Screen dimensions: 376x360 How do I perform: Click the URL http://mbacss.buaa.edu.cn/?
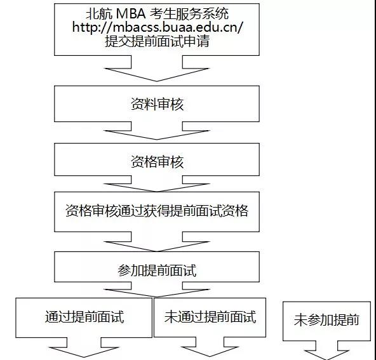[158, 27]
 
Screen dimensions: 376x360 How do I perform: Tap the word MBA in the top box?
[131, 13]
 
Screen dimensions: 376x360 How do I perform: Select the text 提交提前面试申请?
[157, 41]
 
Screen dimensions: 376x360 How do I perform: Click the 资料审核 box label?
[157, 104]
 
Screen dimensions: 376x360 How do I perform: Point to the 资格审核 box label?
[157, 162]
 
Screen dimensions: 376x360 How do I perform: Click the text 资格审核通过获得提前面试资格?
[157, 211]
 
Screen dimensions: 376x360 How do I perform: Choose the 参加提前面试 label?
[157, 270]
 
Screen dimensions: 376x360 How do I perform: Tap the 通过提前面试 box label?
[84, 317]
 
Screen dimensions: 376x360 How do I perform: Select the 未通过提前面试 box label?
[210, 317]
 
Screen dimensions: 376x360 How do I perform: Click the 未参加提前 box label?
[326, 320]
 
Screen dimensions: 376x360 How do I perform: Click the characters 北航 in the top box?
[99, 13]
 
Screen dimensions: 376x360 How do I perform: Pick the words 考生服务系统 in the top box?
[189, 13]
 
